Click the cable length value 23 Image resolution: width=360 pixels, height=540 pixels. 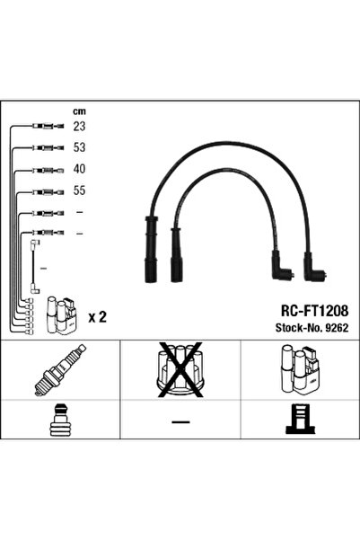pyautogui.click(x=79, y=128)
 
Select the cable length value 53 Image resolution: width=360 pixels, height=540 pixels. pyautogui.click(x=79, y=148)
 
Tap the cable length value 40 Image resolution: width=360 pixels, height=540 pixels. pyautogui.click(x=79, y=170)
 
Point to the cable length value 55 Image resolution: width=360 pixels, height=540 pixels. pyautogui.click(x=79, y=191)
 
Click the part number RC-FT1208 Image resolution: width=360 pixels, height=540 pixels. pyautogui.click(x=311, y=309)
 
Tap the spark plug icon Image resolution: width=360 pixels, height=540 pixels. pyautogui.click(x=59, y=370)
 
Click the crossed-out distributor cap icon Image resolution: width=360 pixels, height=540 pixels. pyautogui.click(x=180, y=370)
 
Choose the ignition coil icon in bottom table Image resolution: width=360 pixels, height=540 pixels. pyautogui.click(x=299, y=370)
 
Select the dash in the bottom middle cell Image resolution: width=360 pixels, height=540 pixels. pyautogui.click(x=180, y=421)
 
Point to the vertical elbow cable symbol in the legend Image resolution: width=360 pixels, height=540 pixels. pyautogui.click(x=33, y=265)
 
